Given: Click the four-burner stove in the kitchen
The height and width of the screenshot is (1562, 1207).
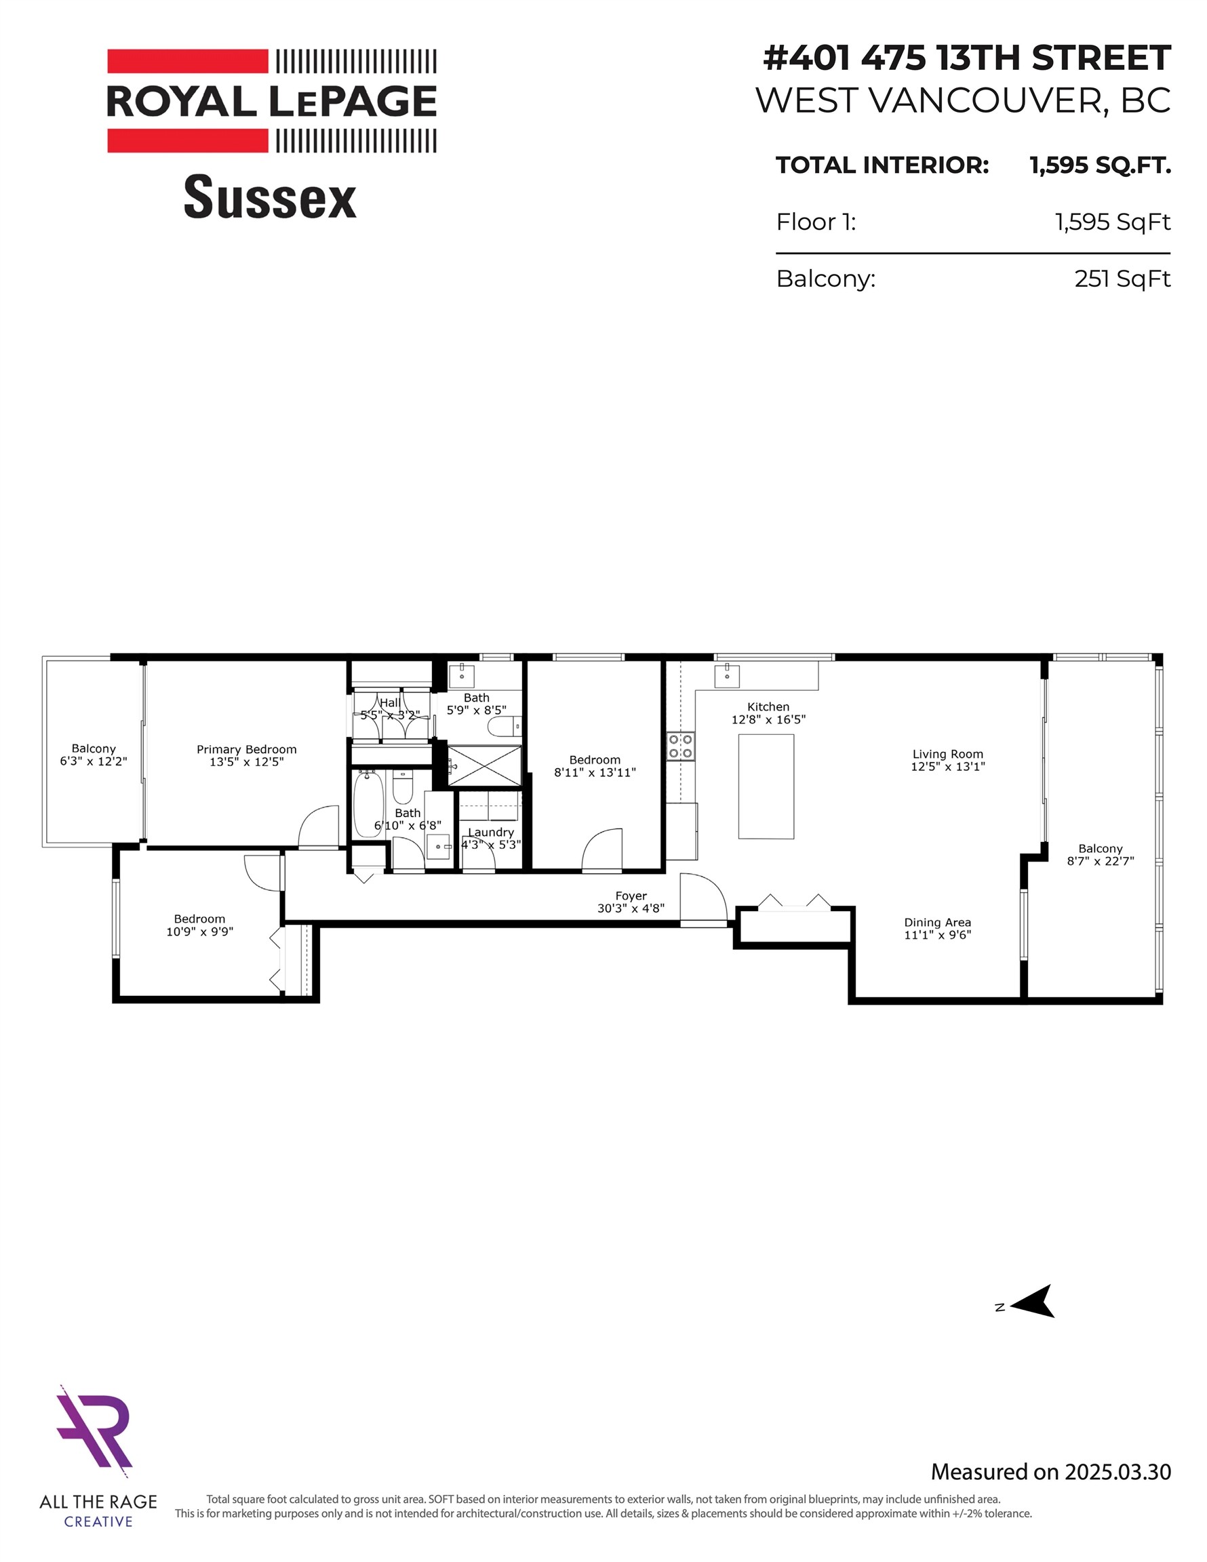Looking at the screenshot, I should tap(680, 746).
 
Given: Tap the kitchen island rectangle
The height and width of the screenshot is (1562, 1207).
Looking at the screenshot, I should tap(766, 786).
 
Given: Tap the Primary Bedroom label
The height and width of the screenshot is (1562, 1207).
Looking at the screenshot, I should tap(246, 750).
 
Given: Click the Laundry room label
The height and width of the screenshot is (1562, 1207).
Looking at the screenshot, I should tap(491, 833).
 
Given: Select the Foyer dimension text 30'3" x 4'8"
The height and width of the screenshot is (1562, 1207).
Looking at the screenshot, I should tap(631, 908).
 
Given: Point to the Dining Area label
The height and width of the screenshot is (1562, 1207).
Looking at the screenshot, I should tap(937, 923).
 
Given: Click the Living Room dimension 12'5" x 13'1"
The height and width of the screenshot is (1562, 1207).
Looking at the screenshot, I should tap(947, 766).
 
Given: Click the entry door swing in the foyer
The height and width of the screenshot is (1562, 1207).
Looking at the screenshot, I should tap(702, 898).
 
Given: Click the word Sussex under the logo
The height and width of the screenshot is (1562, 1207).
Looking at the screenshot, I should tap(270, 197).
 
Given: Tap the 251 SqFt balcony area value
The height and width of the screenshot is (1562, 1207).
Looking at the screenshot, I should tap(1121, 278).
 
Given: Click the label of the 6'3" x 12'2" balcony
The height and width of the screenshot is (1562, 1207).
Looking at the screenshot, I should tap(94, 749).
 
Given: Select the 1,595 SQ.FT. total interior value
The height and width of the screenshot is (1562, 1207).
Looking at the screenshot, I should tap(1100, 165).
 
